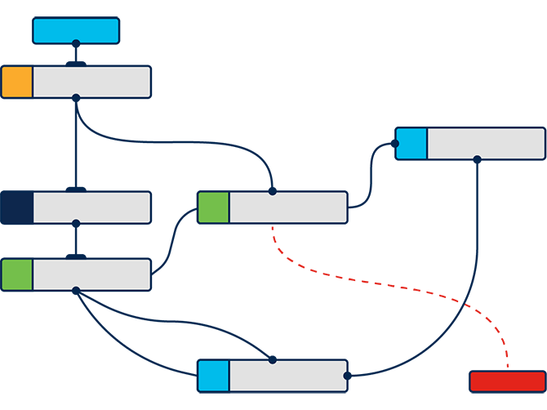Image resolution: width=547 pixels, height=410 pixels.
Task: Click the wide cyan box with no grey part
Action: (76, 30)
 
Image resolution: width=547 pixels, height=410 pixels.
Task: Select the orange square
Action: (16, 82)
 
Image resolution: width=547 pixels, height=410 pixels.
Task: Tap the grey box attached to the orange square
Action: (91, 82)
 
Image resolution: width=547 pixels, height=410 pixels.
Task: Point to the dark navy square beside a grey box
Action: (16, 207)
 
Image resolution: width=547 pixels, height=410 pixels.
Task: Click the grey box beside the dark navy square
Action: (91, 207)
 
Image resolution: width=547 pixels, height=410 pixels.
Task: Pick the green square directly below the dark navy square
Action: (16, 274)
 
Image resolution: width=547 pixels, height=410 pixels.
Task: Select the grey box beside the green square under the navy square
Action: (91, 274)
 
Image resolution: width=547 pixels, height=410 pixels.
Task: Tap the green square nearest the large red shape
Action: (213, 207)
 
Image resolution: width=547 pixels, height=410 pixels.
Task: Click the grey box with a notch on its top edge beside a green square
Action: (288, 207)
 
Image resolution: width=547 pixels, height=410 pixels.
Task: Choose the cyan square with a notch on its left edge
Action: (412, 144)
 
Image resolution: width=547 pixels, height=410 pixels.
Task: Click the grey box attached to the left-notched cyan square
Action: (486, 144)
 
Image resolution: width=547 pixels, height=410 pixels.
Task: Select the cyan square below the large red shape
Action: (213, 376)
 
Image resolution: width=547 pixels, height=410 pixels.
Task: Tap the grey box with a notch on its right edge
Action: (288, 376)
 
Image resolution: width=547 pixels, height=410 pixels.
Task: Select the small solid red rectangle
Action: (507, 381)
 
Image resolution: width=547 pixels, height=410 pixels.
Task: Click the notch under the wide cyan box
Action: (76, 42)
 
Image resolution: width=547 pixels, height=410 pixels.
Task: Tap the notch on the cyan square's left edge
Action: (398, 144)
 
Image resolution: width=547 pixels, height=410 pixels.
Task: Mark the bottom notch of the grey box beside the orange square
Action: (76, 96)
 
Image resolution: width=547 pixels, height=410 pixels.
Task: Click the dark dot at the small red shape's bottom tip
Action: (507, 363)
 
